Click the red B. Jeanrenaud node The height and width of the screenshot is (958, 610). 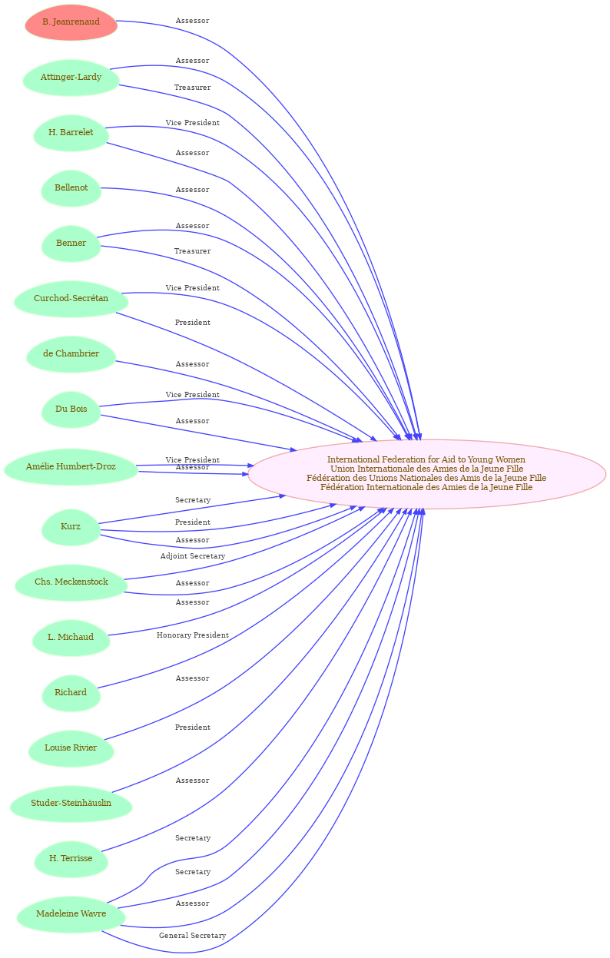coord(71,22)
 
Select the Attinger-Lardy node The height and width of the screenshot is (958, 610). coord(71,78)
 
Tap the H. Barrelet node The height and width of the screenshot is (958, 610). coord(71,133)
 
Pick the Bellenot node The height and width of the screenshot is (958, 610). coord(71,187)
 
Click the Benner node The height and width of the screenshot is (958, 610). coord(71,243)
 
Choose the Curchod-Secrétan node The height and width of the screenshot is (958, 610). coord(71,299)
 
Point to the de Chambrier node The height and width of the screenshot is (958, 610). coord(71,353)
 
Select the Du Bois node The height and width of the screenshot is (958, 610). coord(71,409)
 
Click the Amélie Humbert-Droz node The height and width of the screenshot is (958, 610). coord(71,466)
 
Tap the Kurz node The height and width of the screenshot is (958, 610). coord(71,526)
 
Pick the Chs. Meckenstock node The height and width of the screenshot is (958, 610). coord(71,582)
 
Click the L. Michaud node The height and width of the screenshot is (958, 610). coord(71,637)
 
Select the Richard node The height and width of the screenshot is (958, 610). coord(71,692)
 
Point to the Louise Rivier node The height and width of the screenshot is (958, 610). coord(71,748)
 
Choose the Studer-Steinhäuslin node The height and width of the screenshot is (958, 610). coord(71,803)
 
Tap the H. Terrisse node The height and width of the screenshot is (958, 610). coord(71,858)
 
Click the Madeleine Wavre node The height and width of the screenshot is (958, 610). coord(71,913)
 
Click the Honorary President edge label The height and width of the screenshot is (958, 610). coord(193,635)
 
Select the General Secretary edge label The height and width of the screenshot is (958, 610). coord(193,935)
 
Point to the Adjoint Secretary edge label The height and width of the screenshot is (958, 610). coord(193,556)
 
